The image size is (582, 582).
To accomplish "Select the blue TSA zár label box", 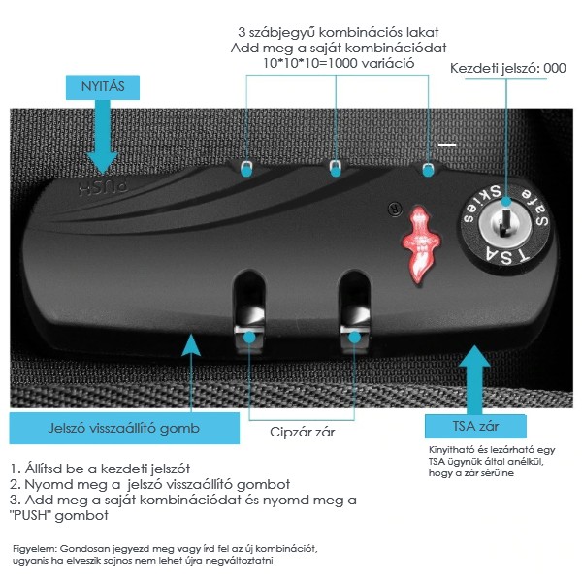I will [x=475, y=428].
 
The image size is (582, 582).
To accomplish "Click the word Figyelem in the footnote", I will [x=34, y=548].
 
